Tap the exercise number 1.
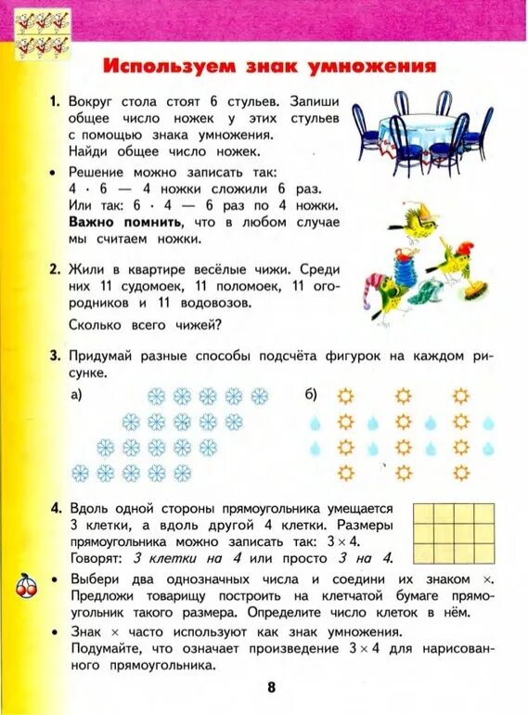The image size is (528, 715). pyautogui.click(x=55, y=99)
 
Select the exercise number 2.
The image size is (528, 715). pyautogui.click(x=55, y=268)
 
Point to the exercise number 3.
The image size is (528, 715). pyautogui.click(x=55, y=355)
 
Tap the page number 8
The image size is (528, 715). pyautogui.click(x=271, y=687)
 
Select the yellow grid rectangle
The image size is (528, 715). pyautogui.click(x=446, y=531)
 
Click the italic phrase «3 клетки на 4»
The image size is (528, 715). pyautogui.click(x=187, y=558)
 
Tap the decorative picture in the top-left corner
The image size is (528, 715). pyautogui.click(x=43, y=32)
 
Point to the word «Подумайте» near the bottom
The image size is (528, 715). pyautogui.click(x=108, y=648)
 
